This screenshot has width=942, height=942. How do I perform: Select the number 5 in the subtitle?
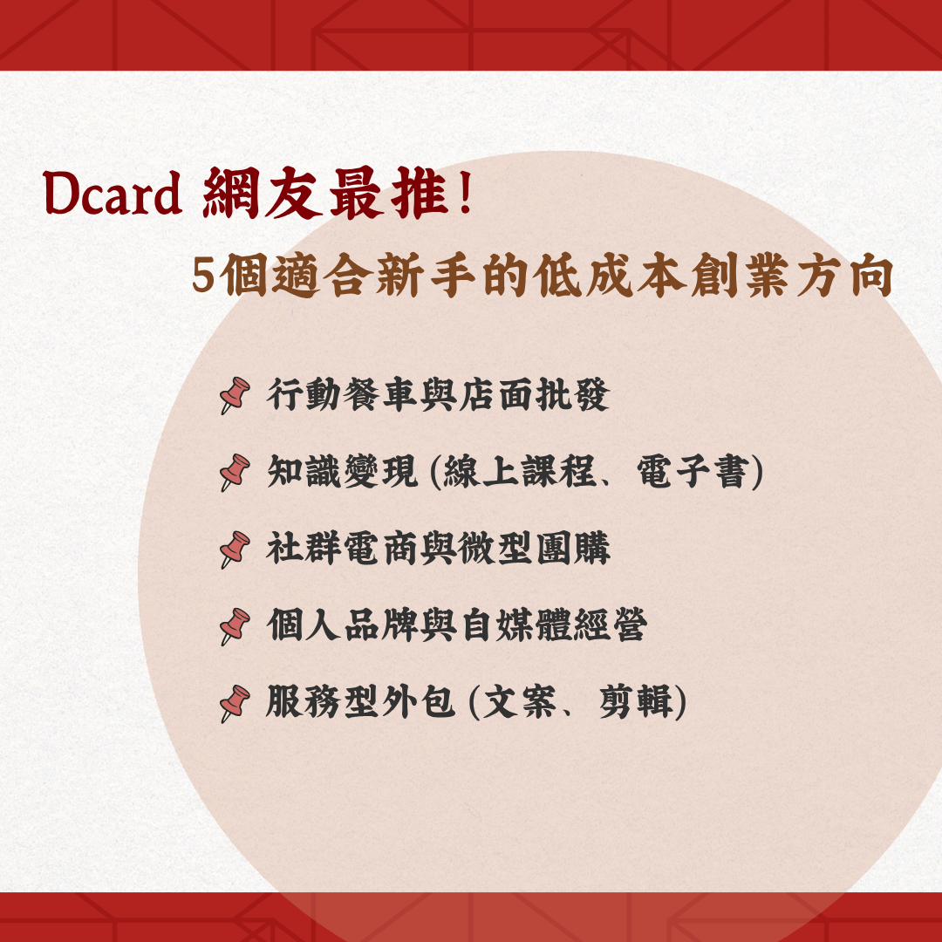(x=203, y=278)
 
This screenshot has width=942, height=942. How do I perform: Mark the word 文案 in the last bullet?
(x=523, y=703)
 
